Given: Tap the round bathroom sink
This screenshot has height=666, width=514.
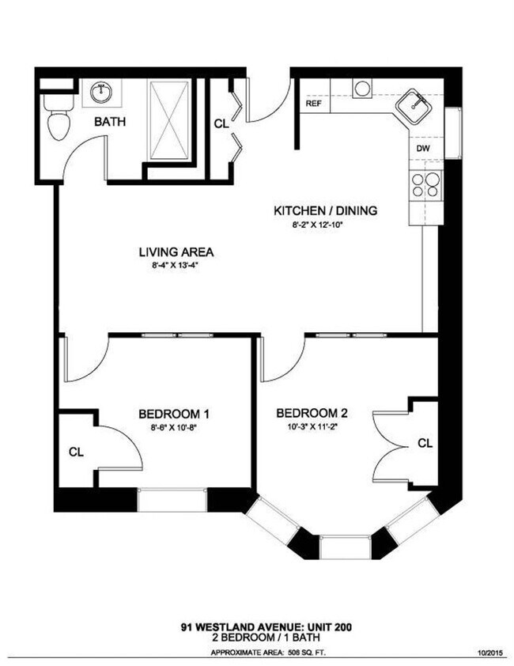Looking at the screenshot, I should click(101, 93).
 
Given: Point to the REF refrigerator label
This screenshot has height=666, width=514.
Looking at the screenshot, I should click(313, 104).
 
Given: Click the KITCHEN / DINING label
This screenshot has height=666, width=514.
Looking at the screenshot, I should click(325, 210).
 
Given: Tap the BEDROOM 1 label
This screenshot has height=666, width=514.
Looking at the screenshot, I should click(173, 414).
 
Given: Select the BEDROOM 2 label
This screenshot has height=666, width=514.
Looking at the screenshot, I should click(312, 413).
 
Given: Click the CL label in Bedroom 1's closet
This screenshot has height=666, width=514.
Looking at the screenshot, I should click(76, 452).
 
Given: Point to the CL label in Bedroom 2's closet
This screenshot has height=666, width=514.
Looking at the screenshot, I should click(425, 443).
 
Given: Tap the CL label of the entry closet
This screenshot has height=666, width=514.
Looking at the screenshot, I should click(222, 123).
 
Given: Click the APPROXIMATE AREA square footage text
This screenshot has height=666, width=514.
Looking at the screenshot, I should click(268, 653).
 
